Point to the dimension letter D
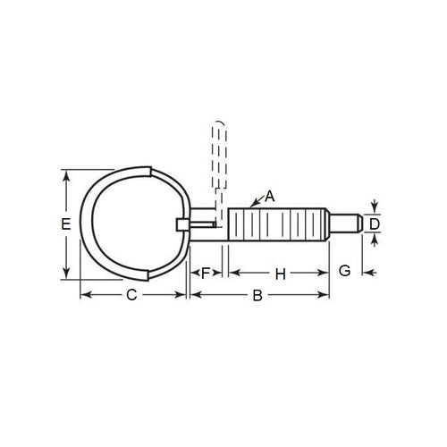(x=375, y=223)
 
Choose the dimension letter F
(x=206, y=273)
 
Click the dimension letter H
(x=279, y=273)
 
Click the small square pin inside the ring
(x=182, y=223)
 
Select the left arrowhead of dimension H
(x=233, y=273)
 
